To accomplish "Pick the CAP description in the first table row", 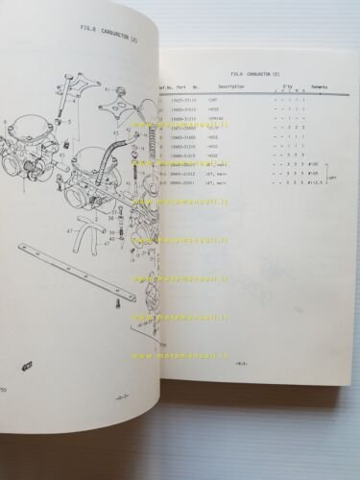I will pos(219,98).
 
